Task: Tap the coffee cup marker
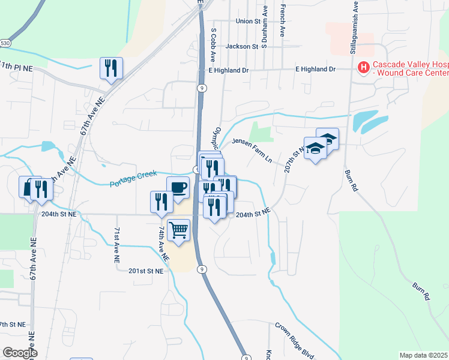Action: pos(178,188)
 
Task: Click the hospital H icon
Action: pos(363,68)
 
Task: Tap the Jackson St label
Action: pos(242,46)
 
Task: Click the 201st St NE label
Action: pos(146,271)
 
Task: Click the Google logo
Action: pos(20,353)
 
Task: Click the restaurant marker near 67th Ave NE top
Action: pos(111,68)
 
